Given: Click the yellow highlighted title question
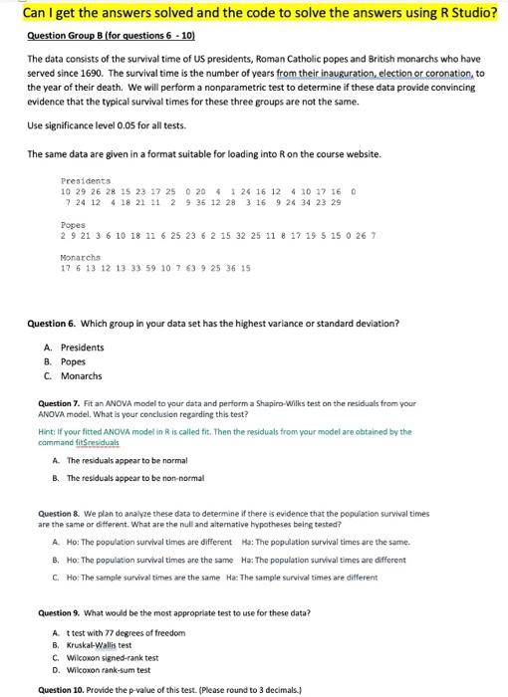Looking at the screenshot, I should point(253,13).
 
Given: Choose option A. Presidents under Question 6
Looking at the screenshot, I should point(76,348).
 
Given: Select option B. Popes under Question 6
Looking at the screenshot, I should point(67,361).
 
